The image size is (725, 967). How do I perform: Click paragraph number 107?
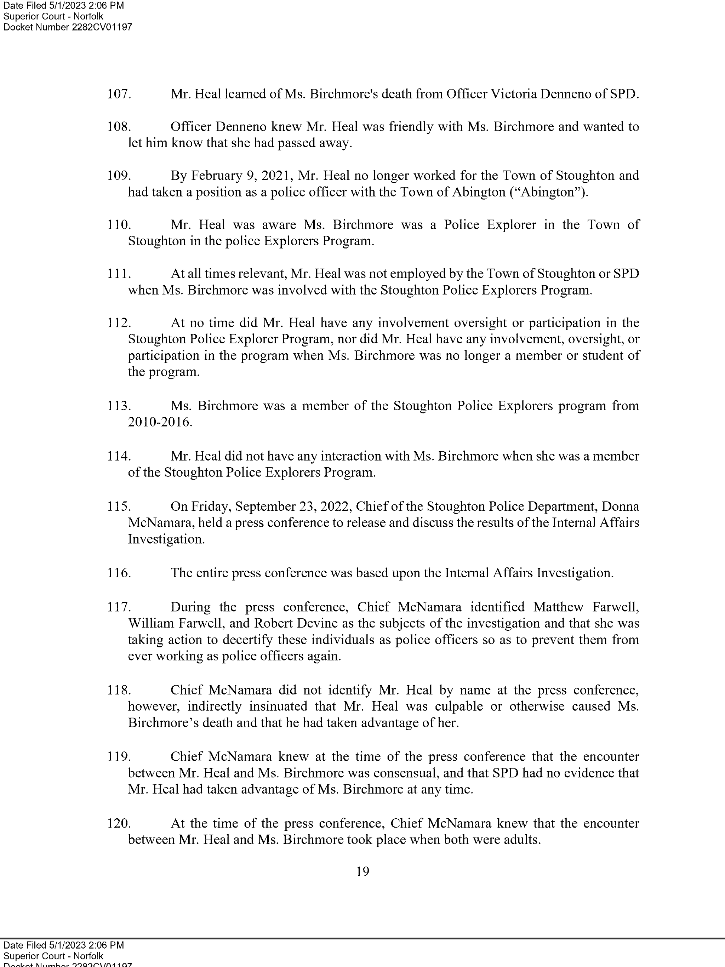pyautogui.click(x=119, y=94)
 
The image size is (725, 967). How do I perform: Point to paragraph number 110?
pyautogui.click(x=119, y=225)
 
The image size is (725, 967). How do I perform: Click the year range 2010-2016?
pyautogui.click(x=160, y=422)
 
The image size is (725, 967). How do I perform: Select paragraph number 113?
pyautogui.click(x=119, y=406)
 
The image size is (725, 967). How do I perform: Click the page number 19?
pyautogui.click(x=362, y=872)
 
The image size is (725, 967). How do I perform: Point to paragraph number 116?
pyautogui.click(x=119, y=573)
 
